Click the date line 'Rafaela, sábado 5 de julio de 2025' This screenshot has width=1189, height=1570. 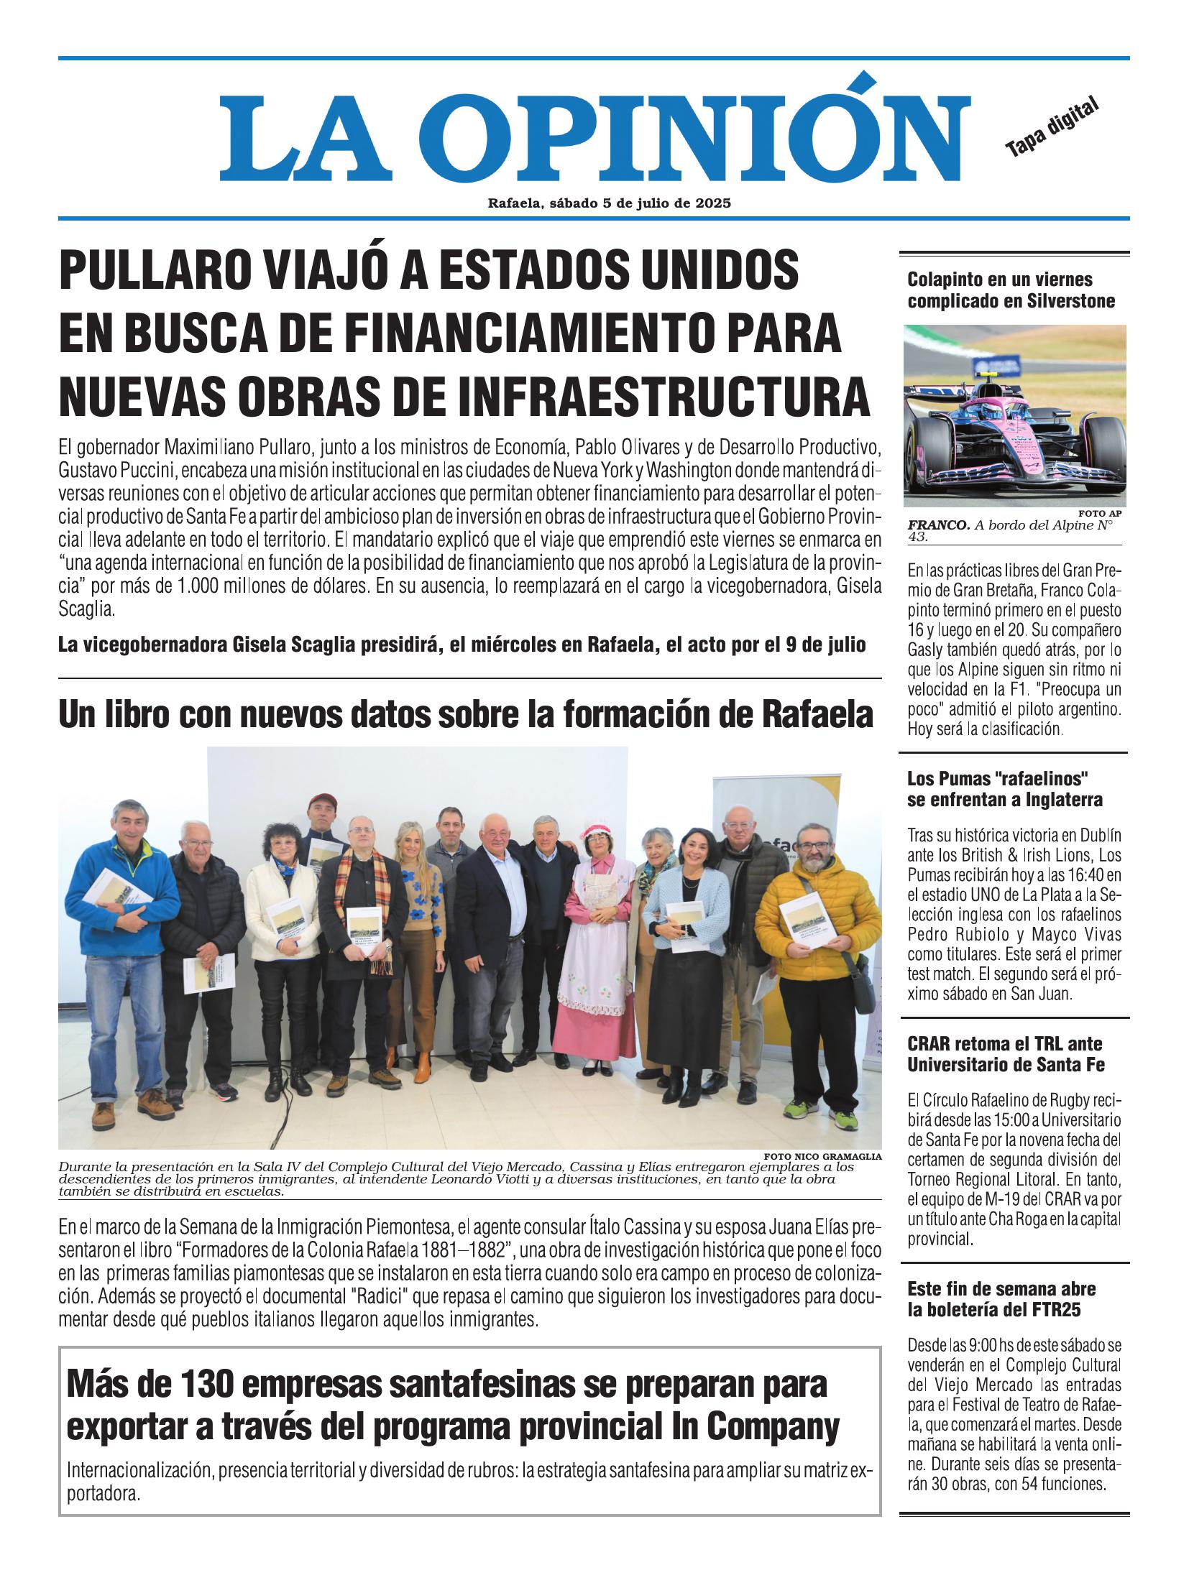[x=609, y=203]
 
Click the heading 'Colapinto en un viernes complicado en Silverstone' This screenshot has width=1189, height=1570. [x=1011, y=290]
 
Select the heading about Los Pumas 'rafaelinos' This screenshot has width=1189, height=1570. [x=1004, y=789]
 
